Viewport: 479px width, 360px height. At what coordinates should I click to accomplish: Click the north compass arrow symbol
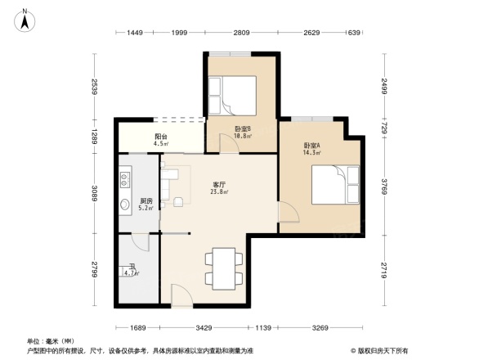(25, 19)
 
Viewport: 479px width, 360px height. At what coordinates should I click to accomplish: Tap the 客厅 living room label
(220, 185)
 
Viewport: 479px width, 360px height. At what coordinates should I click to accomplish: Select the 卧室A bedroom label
(311, 146)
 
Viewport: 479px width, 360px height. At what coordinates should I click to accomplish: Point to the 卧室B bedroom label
(243, 128)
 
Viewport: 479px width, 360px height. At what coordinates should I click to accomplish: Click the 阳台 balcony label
(162, 137)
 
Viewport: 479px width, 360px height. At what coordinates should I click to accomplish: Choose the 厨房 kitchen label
(146, 200)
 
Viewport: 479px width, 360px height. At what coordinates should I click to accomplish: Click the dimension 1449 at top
(135, 33)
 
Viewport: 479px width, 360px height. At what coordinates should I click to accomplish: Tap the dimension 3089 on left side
(95, 194)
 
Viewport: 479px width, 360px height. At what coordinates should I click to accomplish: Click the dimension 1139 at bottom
(263, 328)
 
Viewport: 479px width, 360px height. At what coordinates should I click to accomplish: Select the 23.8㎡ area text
(220, 193)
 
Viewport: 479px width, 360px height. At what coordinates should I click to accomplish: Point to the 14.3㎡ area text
(311, 153)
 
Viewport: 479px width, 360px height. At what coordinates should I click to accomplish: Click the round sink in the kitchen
(126, 205)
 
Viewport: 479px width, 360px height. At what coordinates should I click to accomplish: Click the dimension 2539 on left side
(95, 87)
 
